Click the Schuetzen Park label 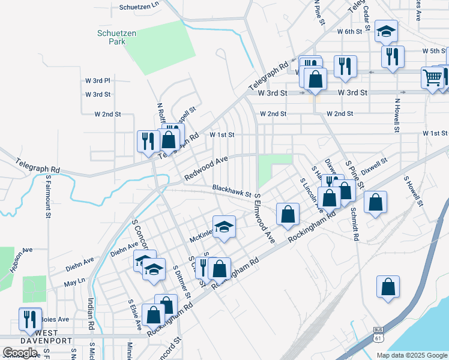click(112, 37)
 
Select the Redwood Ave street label click(207, 168)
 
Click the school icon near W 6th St click(386, 31)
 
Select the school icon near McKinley click(224, 227)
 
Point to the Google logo click(20, 353)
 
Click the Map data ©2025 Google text click(412, 355)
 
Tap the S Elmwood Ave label click(264, 218)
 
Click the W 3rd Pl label click(98, 80)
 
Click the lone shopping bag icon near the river click(388, 287)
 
